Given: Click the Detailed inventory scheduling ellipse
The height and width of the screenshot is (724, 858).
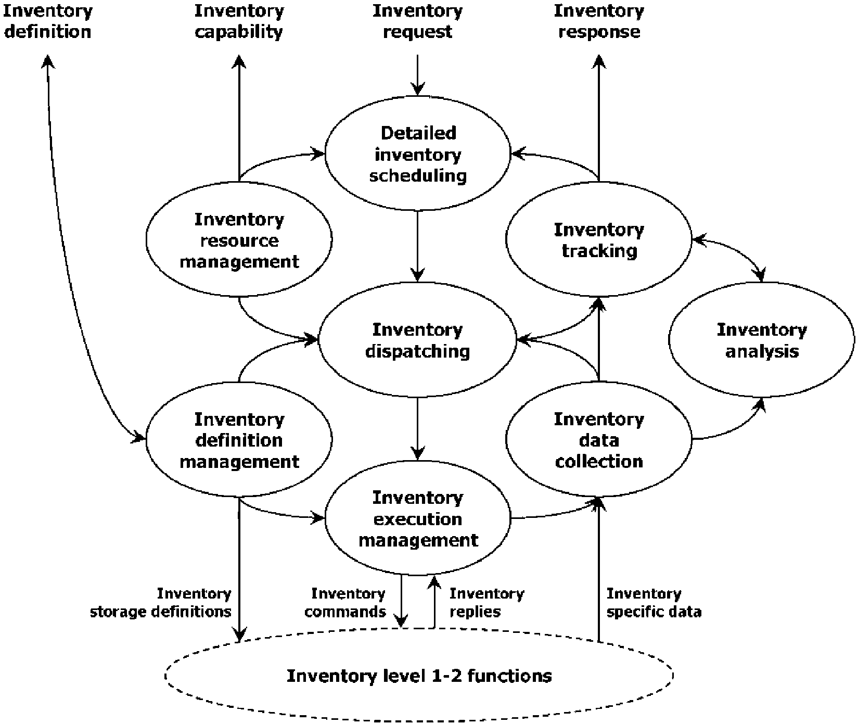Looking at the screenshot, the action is [418, 154].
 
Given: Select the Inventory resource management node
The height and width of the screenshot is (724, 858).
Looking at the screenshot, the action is [239, 240].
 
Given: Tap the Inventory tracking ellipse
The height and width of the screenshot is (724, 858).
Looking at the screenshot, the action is [599, 240].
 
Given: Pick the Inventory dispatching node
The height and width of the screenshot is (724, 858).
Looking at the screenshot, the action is [418, 340].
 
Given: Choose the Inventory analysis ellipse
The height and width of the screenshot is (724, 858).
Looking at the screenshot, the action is [761, 340].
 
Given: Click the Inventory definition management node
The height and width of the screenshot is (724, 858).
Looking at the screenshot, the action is [239, 440].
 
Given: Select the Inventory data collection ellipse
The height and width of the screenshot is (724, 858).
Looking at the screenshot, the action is [599, 440].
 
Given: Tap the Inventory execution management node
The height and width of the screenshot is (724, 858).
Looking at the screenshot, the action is [418, 518].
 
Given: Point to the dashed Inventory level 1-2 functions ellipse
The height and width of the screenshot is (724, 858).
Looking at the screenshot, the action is [419, 676].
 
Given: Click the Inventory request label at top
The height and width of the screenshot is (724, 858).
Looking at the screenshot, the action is [417, 21].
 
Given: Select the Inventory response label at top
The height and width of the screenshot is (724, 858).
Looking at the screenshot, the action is [599, 21].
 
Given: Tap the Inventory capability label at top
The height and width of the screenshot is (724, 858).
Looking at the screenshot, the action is [239, 21].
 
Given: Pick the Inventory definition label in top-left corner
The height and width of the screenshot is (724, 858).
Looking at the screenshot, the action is [47, 21].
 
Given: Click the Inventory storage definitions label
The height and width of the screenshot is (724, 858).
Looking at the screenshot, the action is [161, 602].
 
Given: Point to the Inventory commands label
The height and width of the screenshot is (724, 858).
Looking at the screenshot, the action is [345, 602].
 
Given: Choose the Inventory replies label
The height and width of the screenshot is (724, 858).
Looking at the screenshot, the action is [486, 602].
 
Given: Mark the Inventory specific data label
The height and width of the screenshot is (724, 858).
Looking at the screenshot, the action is [654, 602].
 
